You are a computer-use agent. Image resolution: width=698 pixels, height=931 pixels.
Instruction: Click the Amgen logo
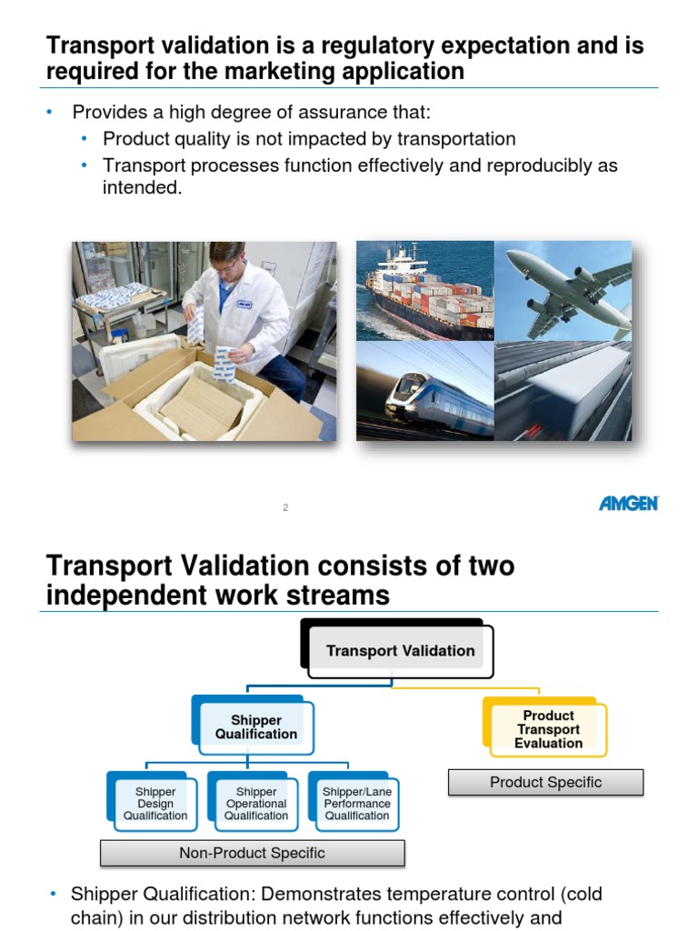pyautogui.click(x=628, y=503)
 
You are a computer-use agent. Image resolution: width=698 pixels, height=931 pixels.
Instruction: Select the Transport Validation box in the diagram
pyautogui.click(x=400, y=651)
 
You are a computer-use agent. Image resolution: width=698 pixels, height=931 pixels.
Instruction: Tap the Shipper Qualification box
pyautogui.click(x=255, y=727)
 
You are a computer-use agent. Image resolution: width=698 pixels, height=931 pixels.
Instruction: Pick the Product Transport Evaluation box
pyautogui.click(x=548, y=729)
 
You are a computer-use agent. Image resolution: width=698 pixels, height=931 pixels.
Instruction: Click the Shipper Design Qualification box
pyautogui.click(x=155, y=804)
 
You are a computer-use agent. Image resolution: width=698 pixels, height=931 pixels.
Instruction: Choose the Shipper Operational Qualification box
pyautogui.click(x=256, y=804)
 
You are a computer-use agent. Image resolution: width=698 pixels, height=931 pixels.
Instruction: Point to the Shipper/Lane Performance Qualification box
pyautogui.click(x=357, y=804)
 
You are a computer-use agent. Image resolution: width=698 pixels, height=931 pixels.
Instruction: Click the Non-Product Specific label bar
pyautogui.click(x=252, y=853)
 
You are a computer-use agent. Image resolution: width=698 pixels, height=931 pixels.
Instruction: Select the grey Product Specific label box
pyautogui.click(x=545, y=782)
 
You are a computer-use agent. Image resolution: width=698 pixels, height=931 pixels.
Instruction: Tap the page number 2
pyautogui.click(x=285, y=508)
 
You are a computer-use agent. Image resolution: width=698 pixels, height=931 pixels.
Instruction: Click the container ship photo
pyautogui.click(x=424, y=292)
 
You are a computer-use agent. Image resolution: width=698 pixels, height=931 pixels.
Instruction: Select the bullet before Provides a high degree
pyautogui.click(x=51, y=112)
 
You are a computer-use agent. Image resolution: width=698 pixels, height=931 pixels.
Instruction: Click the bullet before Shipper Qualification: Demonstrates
pyautogui.click(x=51, y=895)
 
